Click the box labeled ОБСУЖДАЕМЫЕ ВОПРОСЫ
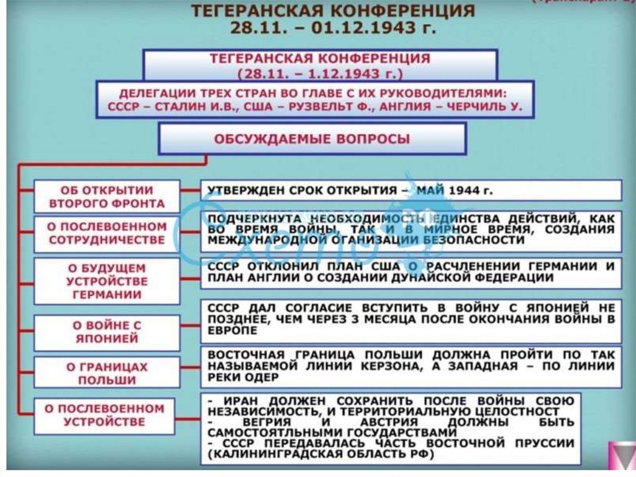[312, 139]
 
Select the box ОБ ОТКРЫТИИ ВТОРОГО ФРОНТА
[106, 197]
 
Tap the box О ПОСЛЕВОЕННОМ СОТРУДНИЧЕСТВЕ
[106, 233]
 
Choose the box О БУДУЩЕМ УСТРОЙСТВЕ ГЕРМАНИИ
[106, 281]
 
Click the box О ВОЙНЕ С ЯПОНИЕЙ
[106, 332]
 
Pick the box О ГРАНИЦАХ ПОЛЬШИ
[106, 373]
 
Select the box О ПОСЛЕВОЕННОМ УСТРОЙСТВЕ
[106, 415]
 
